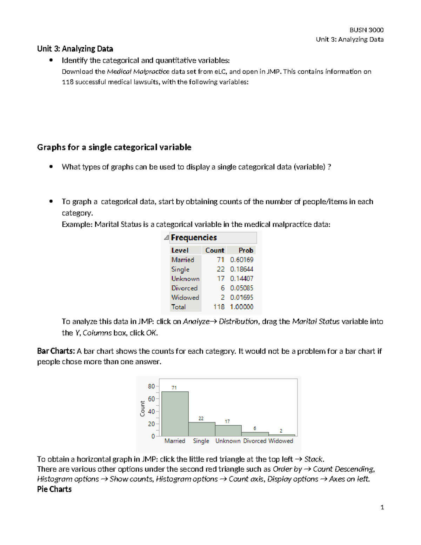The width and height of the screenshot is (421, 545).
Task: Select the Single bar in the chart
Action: click(201, 429)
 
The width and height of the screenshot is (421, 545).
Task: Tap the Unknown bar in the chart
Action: click(228, 431)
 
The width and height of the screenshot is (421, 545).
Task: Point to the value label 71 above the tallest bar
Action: click(174, 388)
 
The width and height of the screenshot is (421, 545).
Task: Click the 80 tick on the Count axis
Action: click(151, 386)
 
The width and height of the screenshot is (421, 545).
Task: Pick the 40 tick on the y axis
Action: click(151, 411)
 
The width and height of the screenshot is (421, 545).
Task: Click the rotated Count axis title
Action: click(142, 409)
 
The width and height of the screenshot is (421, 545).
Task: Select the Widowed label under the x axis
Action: click(281, 441)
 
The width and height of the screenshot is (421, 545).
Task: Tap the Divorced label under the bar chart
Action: click(255, 441)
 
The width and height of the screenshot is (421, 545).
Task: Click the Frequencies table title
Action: click(194, 238)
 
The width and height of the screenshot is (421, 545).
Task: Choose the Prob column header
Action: click(246, 250)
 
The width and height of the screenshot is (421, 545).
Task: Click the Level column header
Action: click(180, 250)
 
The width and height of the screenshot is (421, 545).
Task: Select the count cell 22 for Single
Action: click(220, 269)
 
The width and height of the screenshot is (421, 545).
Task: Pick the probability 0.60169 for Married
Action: click(241, 260)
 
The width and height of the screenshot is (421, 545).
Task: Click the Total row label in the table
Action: click(178, 307)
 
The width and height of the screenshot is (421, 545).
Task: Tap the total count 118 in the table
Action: click(219, 307)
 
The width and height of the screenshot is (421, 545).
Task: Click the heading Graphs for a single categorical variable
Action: click(114, 147)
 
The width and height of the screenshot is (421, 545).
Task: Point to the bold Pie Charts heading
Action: click(54, 489)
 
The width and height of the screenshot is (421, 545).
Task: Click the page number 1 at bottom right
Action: click(382, 507)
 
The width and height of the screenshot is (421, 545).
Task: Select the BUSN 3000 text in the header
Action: click(366, 30)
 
